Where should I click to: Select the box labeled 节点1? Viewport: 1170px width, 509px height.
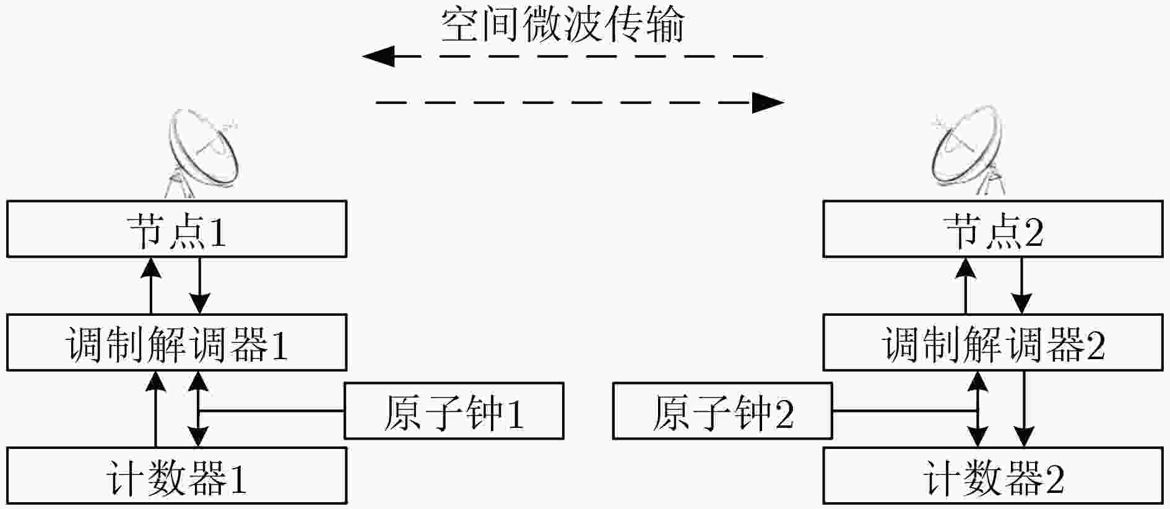tap(176, 229)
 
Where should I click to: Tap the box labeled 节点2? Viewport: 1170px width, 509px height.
tap(993, 229)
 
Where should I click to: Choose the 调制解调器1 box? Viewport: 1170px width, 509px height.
tap(176, 342)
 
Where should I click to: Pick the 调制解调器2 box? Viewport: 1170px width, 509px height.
tap(993, 342)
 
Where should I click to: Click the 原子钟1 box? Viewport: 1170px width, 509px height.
tap(454, 411)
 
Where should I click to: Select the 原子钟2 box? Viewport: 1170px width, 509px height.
tap(722, 411)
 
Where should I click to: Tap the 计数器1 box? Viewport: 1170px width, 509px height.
tap(176, 476)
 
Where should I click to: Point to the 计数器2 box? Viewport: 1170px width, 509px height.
tap(993, 476)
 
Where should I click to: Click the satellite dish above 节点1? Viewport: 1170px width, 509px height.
tap(203, 152)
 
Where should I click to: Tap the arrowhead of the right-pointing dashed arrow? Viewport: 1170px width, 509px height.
tap(768, 102)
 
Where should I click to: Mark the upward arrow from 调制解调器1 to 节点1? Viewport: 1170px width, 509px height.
tap(151, 285)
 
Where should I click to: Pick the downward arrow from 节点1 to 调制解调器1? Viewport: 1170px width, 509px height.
tap(199, 285)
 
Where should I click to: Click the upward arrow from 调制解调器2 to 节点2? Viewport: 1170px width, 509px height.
tap(966, 285)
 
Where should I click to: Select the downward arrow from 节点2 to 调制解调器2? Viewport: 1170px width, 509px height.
tap(1021, 285)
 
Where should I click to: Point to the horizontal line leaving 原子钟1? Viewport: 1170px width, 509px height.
tap(271, 411)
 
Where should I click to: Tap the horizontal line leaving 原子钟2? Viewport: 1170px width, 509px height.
tap(905, 411)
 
